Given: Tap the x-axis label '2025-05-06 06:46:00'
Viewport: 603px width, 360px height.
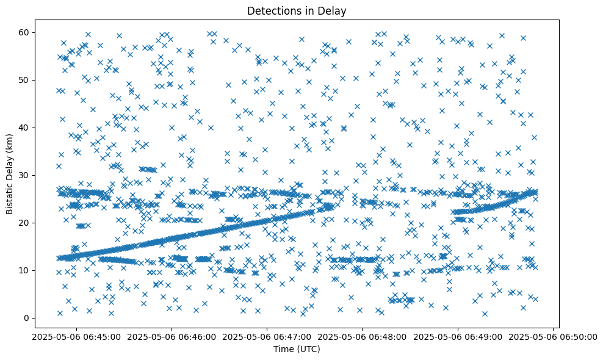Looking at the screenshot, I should [172, 337].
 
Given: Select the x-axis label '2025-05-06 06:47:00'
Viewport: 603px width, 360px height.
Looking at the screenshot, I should [267, 337].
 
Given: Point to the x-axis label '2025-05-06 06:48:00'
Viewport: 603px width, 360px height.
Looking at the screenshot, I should [362, 337].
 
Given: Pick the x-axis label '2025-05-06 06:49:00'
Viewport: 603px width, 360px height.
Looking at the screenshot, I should [458, 337].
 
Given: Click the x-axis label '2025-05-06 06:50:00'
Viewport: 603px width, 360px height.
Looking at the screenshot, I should [553, 337].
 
